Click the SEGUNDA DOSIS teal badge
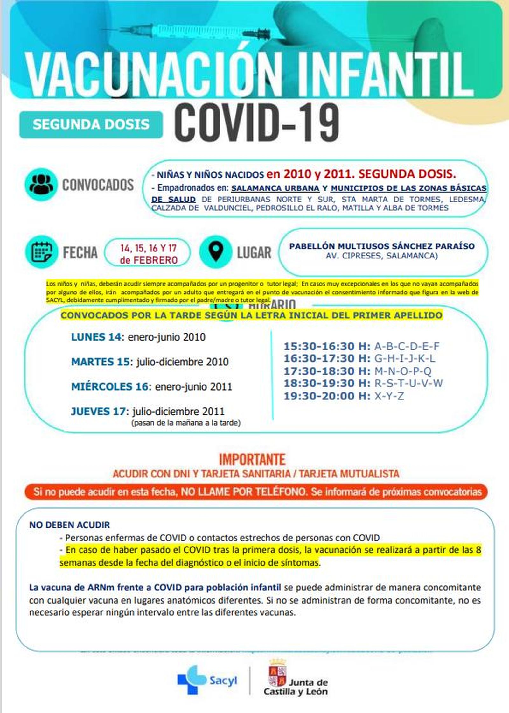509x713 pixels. pos(91,124)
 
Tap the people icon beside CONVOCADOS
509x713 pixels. pos(41,184)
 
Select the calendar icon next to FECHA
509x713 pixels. pos(42,252)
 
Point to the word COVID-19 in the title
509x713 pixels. pos(256,123)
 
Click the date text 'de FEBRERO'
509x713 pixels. pos(149,260)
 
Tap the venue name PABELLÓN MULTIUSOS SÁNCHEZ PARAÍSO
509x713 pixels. pos(382,246)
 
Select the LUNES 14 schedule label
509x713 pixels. pos(96,337)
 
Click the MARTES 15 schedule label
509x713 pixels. pos(101,362)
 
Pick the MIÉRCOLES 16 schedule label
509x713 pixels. pos(110,386)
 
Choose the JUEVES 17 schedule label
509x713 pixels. pos(98,411)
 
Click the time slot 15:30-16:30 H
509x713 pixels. pos(327,346)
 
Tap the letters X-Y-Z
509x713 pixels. pos(389,396)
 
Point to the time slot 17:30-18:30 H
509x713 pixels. pos(327,371)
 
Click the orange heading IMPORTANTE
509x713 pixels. pos(252,459)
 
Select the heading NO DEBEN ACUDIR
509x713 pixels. pos(70,525)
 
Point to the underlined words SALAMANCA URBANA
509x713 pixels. pos(275,188)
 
